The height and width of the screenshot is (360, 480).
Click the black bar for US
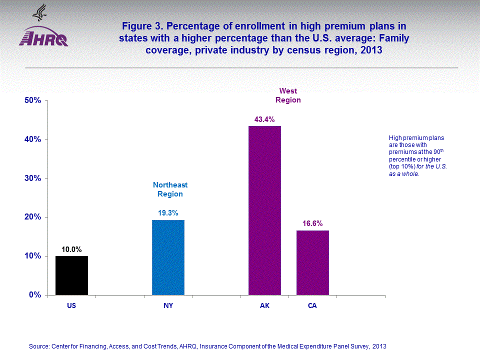71,275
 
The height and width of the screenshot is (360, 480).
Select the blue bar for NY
168,257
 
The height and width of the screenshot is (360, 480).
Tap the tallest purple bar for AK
264,210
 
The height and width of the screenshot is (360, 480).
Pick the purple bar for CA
312,262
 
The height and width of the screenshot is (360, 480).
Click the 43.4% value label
264,118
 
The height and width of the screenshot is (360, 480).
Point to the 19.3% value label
168,212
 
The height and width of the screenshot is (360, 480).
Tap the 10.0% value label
71,248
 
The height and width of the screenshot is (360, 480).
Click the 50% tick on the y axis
32,100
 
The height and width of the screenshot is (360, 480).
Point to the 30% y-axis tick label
32,178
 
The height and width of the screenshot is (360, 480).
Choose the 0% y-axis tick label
34,295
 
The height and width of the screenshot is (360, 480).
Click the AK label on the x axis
264,305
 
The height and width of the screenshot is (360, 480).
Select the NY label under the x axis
168,305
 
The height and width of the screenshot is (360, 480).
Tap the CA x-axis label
312,305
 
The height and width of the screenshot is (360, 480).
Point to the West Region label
288,95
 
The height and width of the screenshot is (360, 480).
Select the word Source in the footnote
39,346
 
